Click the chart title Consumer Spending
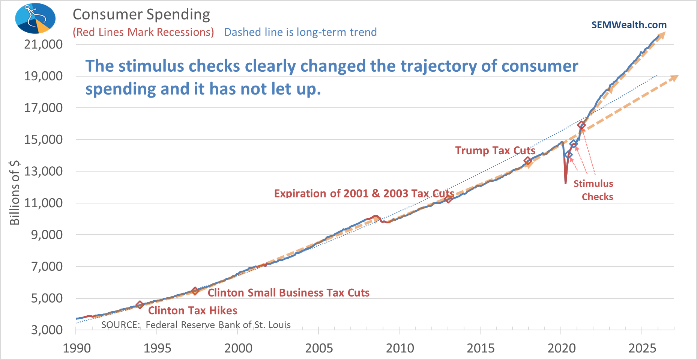click(x=141, y=15)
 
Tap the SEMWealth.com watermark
click(x=629, y=25)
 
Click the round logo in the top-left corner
click(x=35, y=18)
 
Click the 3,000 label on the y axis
click(x=47, y=330)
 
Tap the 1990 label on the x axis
click(x=77, y=348)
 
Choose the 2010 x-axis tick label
click(x=400, y=348)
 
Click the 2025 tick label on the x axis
click(x=642, y=348)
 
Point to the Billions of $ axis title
click(x=15, y=192)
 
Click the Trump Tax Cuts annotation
click(x=495, y=151)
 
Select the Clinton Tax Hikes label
click(x=192, y=311)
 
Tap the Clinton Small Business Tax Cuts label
click(x=288, y=293)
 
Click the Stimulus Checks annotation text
click(x=593, y=190)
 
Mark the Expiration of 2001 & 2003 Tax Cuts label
click(x=364, y=193)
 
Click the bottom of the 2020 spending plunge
click(x=565, y=183)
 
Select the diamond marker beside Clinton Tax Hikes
click(x=140, y=305)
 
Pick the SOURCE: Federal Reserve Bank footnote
click(x=196, y=325)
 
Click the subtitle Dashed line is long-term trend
click(x=300, y=32)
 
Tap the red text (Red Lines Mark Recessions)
click(x=143, y=32)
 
